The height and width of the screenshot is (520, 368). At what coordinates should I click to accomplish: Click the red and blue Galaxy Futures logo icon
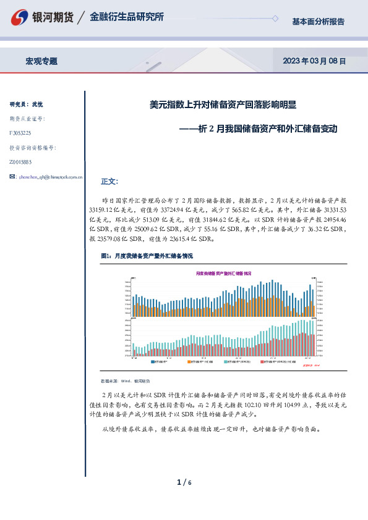coord(22,17)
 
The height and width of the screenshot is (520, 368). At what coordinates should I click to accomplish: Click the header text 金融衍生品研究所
coord(126,17)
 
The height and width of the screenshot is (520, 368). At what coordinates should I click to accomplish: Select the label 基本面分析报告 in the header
coord(318,22)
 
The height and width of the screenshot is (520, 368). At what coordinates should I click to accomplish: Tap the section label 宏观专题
coord(41,61)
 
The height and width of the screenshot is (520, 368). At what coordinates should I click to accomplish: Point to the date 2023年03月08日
coord(314,61)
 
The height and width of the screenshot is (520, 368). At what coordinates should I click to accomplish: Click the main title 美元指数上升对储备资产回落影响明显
coord(223,105)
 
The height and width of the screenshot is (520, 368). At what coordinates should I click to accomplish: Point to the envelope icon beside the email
coord(13,177)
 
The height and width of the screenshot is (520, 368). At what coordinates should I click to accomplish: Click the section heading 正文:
coord(109,182)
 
